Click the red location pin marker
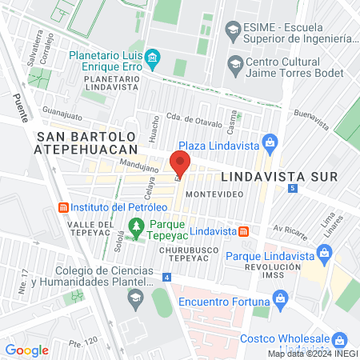[x=181, y=166]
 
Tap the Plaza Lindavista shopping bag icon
[x=270, y=143]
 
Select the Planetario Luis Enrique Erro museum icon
[x=154, y=56]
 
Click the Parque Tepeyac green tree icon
[x=137, y=226]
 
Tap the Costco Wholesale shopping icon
[x=339, y=340]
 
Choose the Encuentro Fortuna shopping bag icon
[x=280, y=301]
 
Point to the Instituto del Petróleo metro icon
[x=62, y=207]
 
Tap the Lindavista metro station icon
[x=244, y=231]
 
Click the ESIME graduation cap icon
[x=233, y=31]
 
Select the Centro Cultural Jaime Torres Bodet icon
[x=235, y=63]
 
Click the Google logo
[x=26, y=350]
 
